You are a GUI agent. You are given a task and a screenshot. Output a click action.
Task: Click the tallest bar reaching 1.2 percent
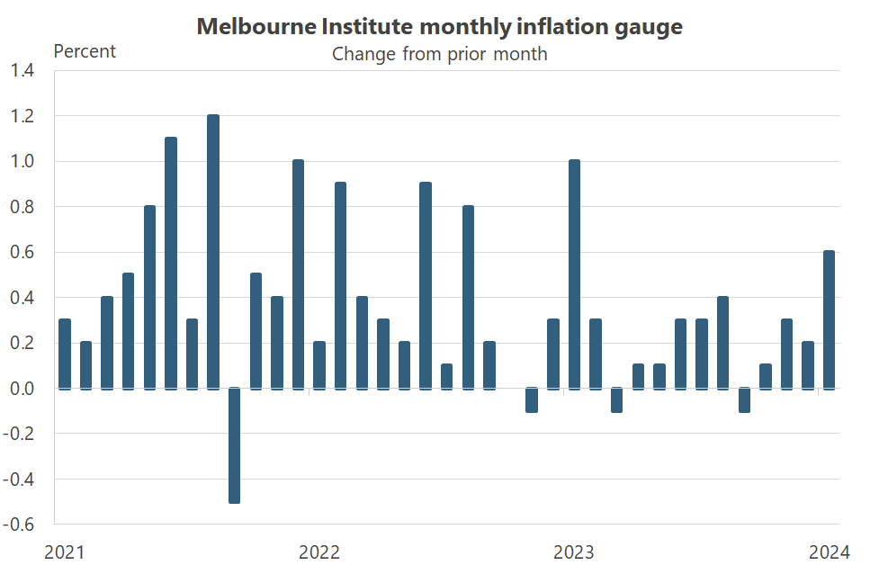(x=213, y=252)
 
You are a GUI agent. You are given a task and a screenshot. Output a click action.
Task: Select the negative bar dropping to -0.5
(x=234, y=444)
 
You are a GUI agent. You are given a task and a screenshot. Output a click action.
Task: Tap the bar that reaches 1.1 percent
(x=171, y=263)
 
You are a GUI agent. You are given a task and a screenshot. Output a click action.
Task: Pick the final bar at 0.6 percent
(x=830, y=319)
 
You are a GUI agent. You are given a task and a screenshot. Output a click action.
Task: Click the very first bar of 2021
(x=65, y=354)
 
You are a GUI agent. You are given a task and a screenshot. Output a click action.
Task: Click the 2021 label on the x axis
(x=65, y=552)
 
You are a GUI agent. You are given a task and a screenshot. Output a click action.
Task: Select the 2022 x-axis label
(x=319, y=552)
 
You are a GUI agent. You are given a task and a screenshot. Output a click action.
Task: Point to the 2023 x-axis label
(x=574, y=552)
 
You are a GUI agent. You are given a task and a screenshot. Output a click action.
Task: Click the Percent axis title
(x=85, y=51)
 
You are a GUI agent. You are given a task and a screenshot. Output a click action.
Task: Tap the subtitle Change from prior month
(x=440, y=54)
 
